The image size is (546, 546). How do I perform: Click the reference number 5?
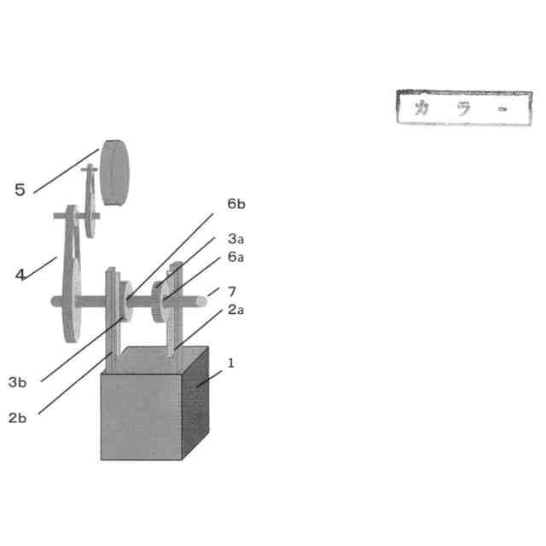[20, 189]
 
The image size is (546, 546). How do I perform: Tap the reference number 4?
[20, 275]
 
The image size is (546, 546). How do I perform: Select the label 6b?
[236, 205]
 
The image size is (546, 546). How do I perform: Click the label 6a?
[236, 257]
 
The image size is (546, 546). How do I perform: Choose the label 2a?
[236, 310]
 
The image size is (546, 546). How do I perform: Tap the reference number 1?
[230, 363]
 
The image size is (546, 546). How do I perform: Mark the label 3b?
[17, 382]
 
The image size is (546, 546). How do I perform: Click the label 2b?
[17, 418]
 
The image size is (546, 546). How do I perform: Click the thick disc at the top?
[116, 172]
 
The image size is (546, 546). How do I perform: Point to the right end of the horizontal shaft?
[203, 299]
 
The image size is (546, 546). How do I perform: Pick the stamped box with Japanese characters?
[462, 108]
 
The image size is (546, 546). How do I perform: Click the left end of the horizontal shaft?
[55, 300]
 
